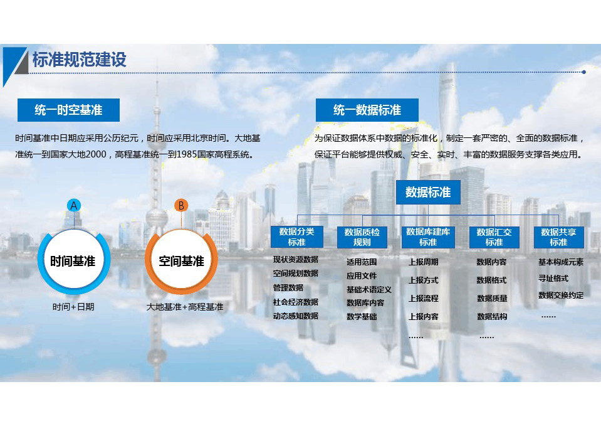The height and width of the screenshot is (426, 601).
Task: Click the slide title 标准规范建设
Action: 80,60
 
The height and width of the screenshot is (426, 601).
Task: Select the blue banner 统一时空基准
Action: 68,110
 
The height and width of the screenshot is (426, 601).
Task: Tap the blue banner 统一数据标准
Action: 367,110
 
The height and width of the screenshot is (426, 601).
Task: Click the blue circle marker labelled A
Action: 74,206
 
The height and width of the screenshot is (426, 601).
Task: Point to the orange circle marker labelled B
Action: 181,206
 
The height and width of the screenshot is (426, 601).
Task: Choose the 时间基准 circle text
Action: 73,262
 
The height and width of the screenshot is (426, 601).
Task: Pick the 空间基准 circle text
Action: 181,262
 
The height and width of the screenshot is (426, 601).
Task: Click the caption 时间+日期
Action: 73,307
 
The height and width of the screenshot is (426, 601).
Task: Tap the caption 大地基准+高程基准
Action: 185,307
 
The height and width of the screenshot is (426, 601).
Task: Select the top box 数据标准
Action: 428,192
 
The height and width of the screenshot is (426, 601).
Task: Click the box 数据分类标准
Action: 296,237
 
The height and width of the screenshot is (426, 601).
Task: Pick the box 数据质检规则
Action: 362,237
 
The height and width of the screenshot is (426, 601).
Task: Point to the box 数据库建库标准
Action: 428,237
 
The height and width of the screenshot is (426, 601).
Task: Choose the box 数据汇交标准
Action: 494,237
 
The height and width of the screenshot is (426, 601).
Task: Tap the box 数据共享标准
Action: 558,237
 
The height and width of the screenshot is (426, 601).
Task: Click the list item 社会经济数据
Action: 296,302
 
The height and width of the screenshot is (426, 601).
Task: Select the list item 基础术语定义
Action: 368,290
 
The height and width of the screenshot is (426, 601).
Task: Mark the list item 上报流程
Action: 423,298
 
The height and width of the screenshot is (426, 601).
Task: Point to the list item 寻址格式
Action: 553,278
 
